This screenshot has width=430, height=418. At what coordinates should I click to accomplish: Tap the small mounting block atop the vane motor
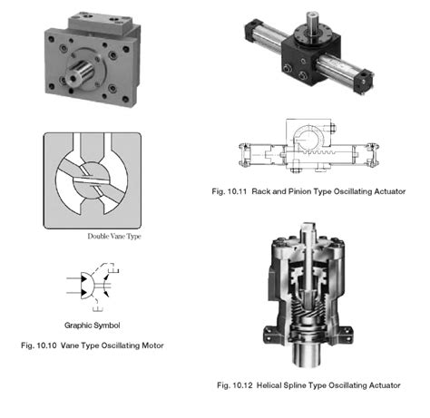(x=100, y=23)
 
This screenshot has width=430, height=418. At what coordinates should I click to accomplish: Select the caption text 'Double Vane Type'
(x=114, y=237)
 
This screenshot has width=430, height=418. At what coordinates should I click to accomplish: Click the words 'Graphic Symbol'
(x=92, y=326)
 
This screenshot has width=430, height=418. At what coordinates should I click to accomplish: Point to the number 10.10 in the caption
(x=46, y=345)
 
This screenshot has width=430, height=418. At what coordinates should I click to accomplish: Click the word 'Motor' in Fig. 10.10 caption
(x=152, y=345)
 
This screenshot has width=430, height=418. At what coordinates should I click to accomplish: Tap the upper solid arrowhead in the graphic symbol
(x=83, y=278)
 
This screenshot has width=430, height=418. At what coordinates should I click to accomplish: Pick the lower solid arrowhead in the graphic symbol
(x=83, y=293)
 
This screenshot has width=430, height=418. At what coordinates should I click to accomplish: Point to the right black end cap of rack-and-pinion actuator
(x=364, y=81)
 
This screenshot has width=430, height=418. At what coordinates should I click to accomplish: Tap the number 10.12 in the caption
(x=242, y=385)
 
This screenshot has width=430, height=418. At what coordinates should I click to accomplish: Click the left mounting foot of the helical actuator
(x=270, y=335)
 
